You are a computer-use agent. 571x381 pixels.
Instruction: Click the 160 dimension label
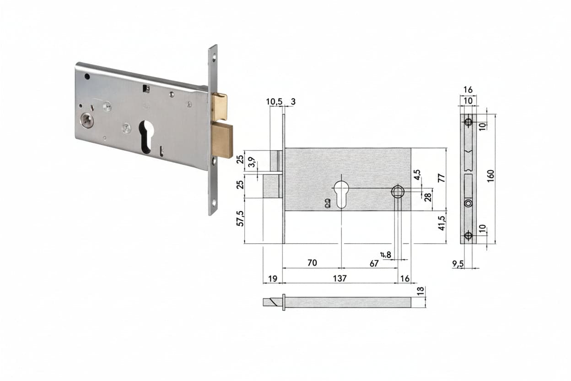pos(490,175)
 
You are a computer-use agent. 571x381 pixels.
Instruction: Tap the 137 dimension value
pos(340,278)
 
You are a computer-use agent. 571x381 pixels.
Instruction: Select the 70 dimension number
pos(312,262)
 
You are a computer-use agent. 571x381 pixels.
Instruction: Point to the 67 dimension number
pos(374,263)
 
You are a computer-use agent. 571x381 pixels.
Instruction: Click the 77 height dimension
pos(442,178)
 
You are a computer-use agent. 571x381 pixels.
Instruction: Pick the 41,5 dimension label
pos(442,223)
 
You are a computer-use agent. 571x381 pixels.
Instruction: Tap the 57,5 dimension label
pos(240,218)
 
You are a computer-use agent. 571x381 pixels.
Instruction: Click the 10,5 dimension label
pos(274,102)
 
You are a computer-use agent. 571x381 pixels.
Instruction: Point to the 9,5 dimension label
pos(458,264)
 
